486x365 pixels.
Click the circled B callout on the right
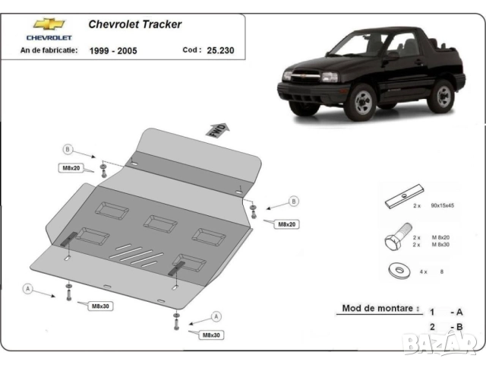293,202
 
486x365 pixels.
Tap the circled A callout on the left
28,288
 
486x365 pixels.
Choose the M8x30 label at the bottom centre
212,335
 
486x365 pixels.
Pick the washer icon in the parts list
397,270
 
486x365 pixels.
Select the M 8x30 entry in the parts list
443,245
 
